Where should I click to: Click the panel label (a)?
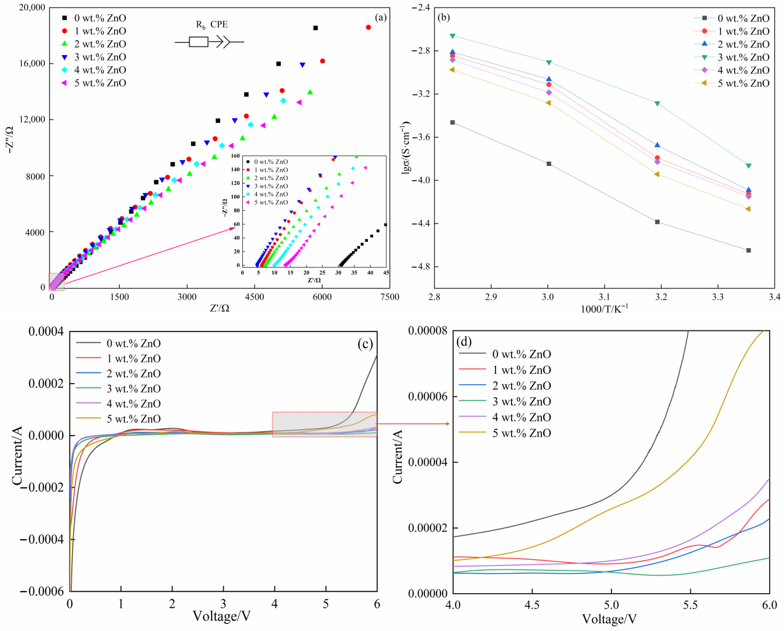(x=381, y=17)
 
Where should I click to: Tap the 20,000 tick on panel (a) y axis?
(x=32, y=7)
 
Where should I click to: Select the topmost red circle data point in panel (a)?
(x=368, y=27)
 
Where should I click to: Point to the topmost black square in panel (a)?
(x=315, y=28)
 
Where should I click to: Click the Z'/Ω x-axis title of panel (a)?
(x=219, y=308)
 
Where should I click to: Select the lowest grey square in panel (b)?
(x=748, y=251)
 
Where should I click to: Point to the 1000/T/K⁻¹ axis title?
(x=604, y=309)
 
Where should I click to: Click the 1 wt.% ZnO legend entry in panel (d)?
(x=521, y=370)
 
